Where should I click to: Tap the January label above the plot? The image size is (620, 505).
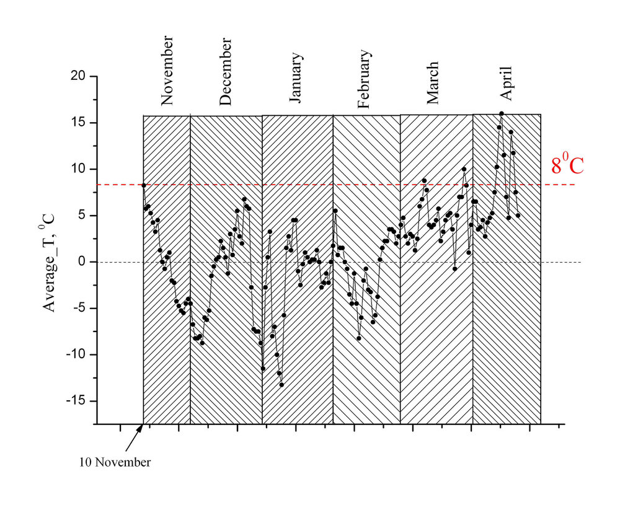click(297, 77)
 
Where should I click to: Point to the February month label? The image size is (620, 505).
click(364, 79)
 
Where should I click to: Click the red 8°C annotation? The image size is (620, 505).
click(567, 165)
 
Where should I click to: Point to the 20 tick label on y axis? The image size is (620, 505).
click(79, 76)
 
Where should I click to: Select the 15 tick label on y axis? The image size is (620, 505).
click(79, 123)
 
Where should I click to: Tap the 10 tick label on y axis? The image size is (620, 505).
click(79, 169)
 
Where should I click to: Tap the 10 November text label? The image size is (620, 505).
click(115, 462)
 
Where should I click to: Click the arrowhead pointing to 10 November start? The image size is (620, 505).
click(141, 427)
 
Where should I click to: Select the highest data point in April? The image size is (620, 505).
click(502, 113)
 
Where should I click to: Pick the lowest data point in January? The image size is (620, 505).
click(281, 385)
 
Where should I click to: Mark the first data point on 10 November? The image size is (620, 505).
click(143, 185)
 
